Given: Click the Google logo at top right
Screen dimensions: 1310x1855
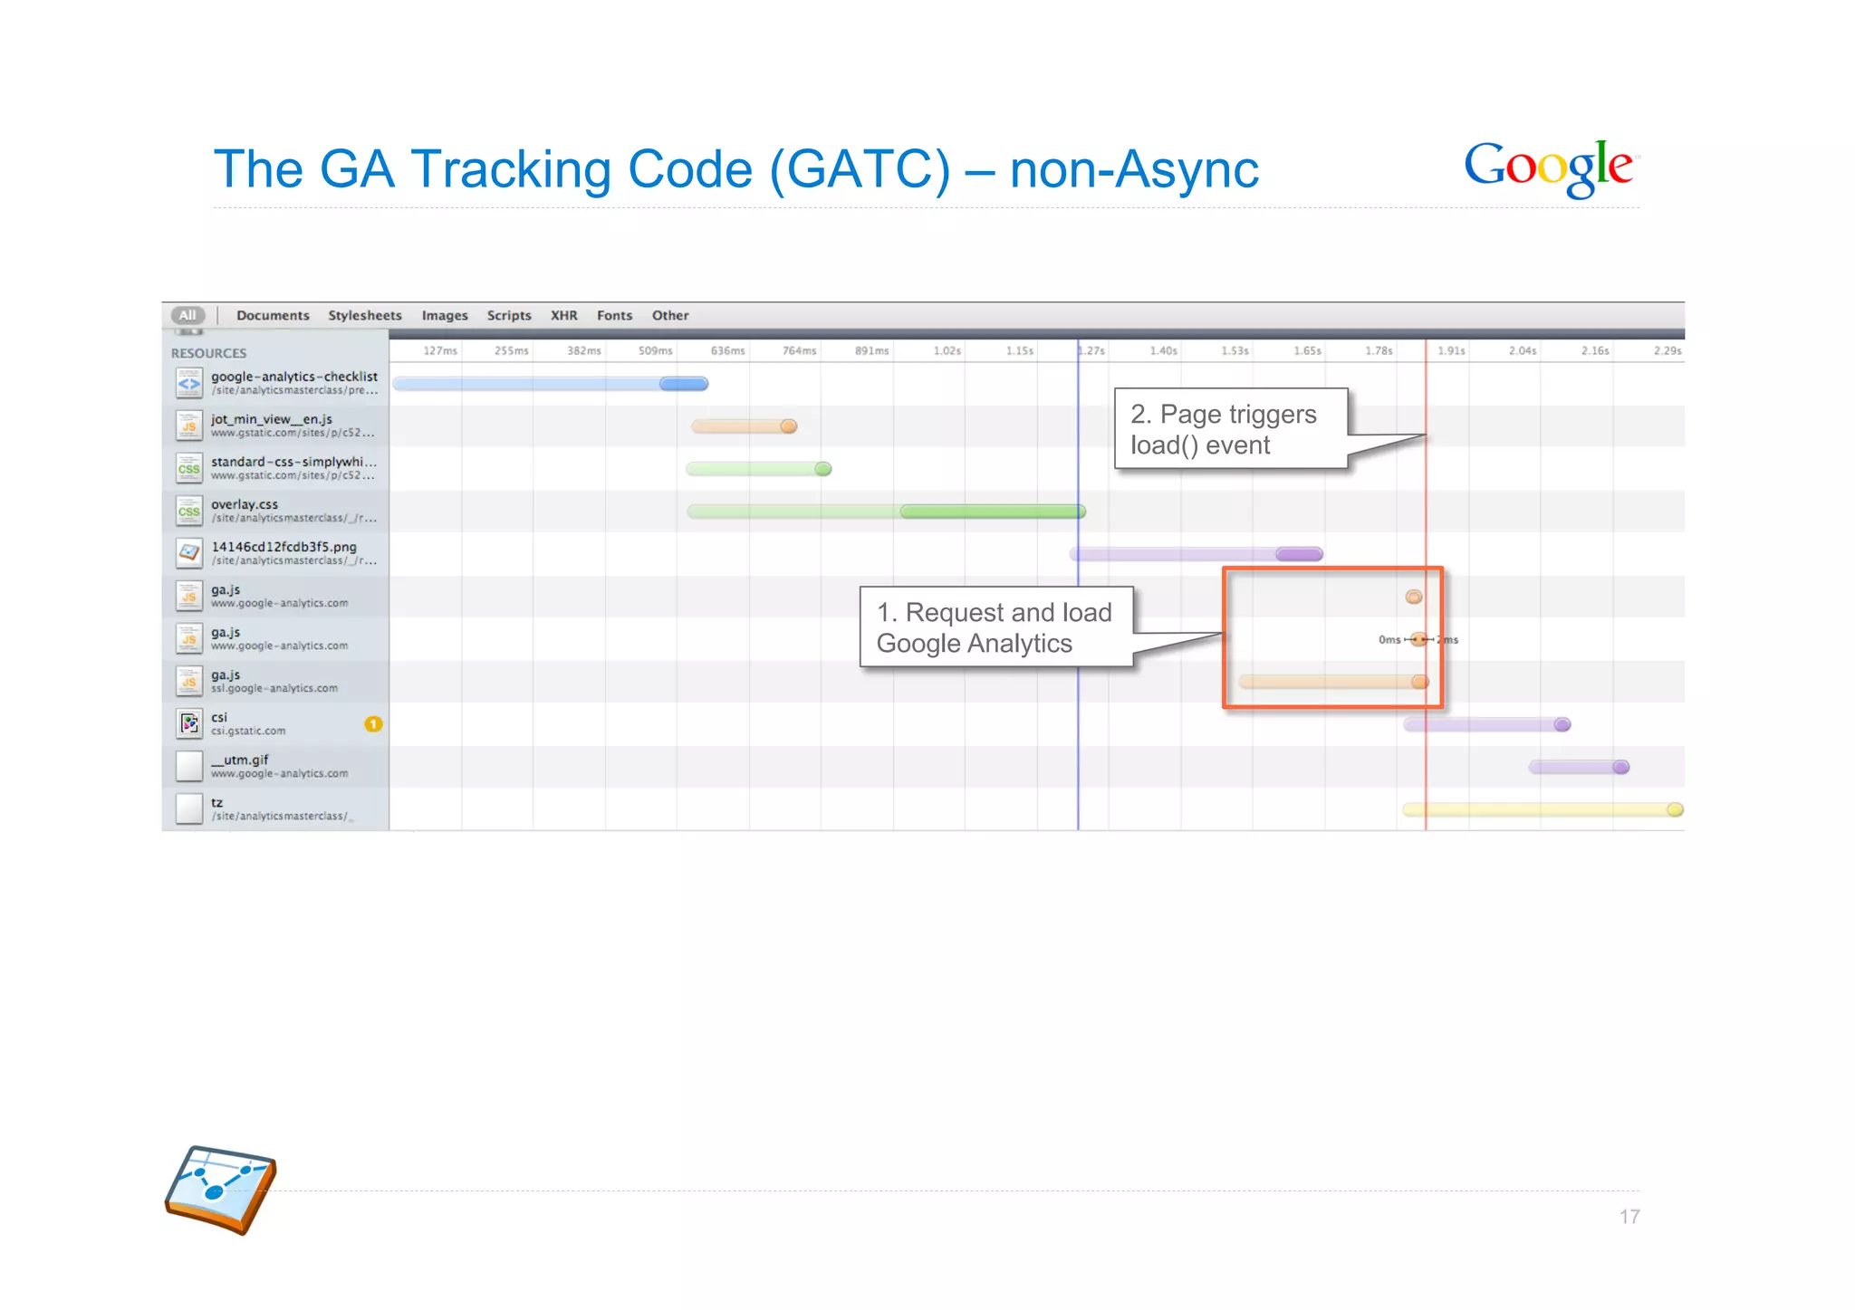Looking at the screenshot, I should [x=1549, y=167].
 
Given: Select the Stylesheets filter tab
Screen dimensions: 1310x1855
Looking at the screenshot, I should [x=364, y=315].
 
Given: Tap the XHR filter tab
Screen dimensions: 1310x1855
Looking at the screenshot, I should [x=563, y=315].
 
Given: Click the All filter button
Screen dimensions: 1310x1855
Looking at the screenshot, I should [x=187, y=315].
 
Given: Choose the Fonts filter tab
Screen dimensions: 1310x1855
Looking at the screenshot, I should [x=614, y=315].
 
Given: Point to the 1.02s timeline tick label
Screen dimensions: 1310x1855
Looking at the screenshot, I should [x=947, y=350].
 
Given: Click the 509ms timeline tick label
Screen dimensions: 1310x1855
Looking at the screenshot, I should [x=655, y=350].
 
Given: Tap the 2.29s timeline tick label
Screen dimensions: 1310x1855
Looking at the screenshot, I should [x=1667, y=350].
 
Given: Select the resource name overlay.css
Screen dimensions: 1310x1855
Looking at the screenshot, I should [x=245, y=504].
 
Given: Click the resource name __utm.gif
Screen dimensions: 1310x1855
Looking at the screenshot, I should [x=240, y=760].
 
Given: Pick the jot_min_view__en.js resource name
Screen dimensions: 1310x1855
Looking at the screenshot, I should [x=272, y=419].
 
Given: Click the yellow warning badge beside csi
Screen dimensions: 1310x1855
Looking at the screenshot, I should [x=373, y=723].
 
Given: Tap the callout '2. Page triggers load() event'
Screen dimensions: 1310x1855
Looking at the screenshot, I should [x=1230, y=429].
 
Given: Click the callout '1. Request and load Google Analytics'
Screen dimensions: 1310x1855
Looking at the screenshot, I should [x=995, y=627].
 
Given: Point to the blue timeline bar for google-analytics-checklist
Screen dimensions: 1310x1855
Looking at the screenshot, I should [x=550, y=384].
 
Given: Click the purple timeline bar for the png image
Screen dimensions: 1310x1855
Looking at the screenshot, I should [x=1196, y=553].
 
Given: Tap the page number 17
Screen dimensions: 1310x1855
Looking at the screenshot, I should [x=1629, y=1217].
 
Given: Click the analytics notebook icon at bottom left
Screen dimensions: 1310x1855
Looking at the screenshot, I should [x=220, y=1190].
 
